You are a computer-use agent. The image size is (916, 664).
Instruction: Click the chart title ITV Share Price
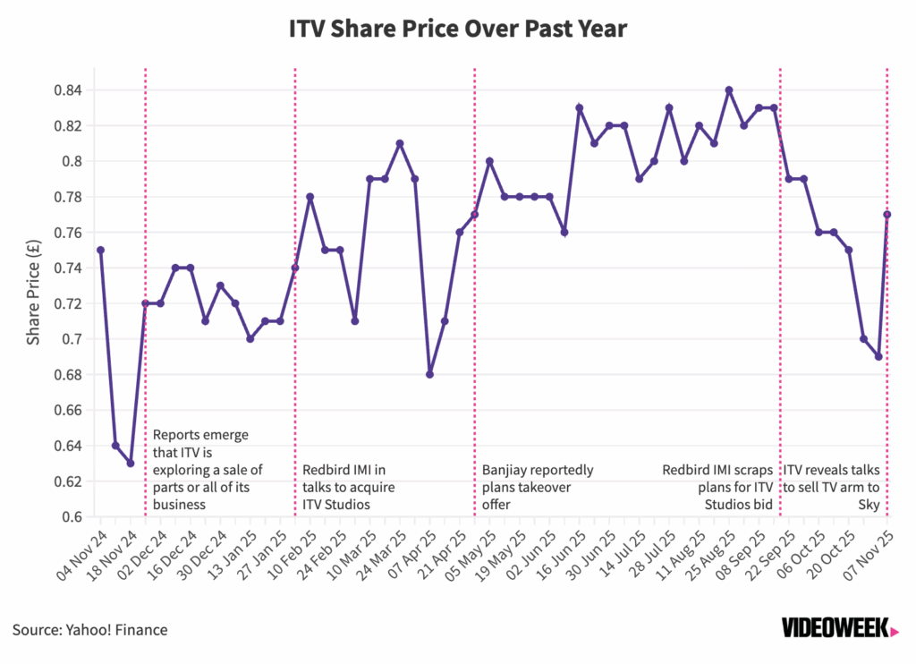tap(458, 30)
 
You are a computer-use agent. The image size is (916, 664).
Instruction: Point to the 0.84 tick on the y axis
tap(69, 90)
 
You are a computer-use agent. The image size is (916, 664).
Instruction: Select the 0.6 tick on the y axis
tap(74, 517)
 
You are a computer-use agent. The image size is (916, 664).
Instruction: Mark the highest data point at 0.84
tap(729, 90)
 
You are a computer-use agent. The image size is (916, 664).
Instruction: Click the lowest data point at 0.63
tap(131, 464)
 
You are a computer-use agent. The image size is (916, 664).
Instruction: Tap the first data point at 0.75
tap(100, 251)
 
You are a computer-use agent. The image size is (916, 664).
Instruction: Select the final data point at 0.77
tap(886, 215)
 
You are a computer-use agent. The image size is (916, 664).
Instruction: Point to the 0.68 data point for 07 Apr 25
tap(429, 375)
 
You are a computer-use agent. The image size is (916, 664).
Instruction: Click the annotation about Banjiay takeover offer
tap(538, 487)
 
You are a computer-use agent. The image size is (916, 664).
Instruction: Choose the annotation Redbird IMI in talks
tap(349, 487)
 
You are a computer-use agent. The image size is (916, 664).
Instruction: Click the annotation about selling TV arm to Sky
tap(833, 487)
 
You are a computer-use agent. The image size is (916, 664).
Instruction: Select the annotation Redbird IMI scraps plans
tap(717, 487)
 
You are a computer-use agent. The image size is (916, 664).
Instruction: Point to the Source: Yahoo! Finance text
tap(90, 630)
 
